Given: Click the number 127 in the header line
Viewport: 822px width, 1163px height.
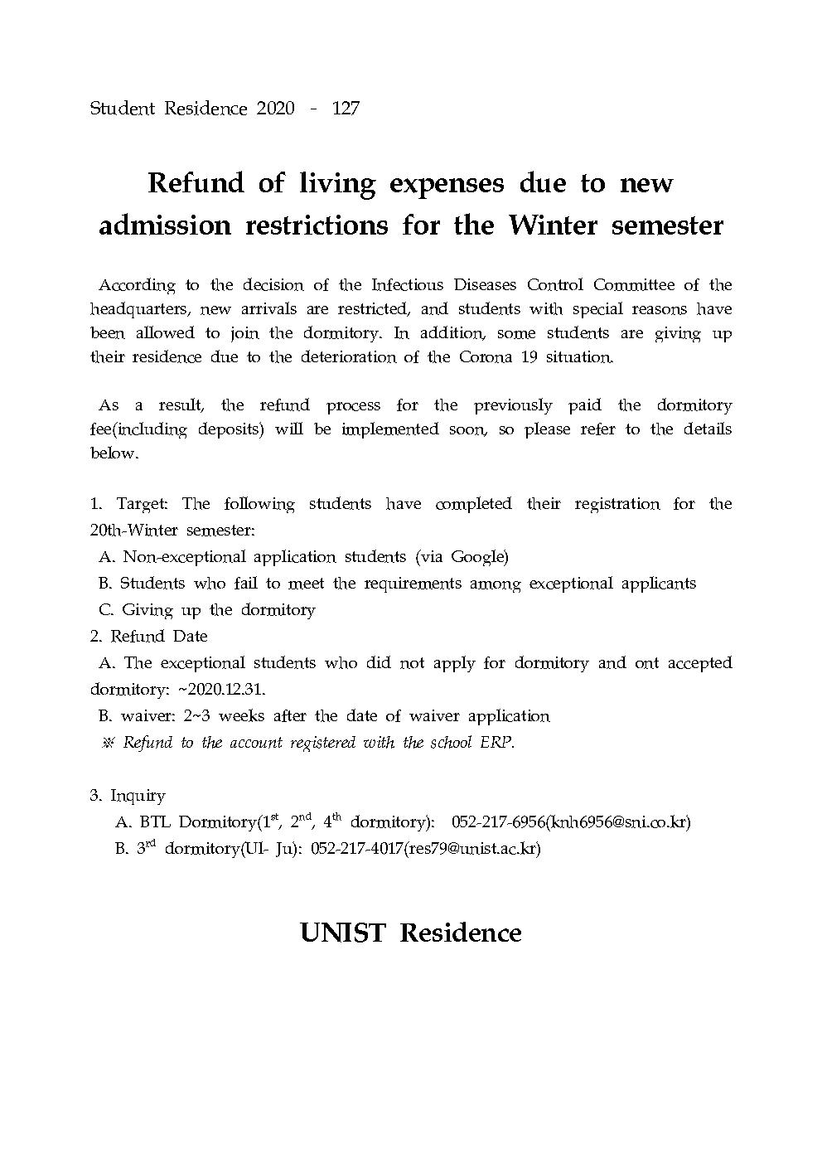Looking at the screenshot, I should (345, 109).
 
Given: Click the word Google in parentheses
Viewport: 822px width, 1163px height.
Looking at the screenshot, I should (477, 557).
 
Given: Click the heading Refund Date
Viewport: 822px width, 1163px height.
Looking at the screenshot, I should (159, 637).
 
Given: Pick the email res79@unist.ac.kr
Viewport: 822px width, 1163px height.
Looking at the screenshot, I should (471, 849).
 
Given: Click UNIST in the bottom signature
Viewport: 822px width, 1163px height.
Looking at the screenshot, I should (342, 933).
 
